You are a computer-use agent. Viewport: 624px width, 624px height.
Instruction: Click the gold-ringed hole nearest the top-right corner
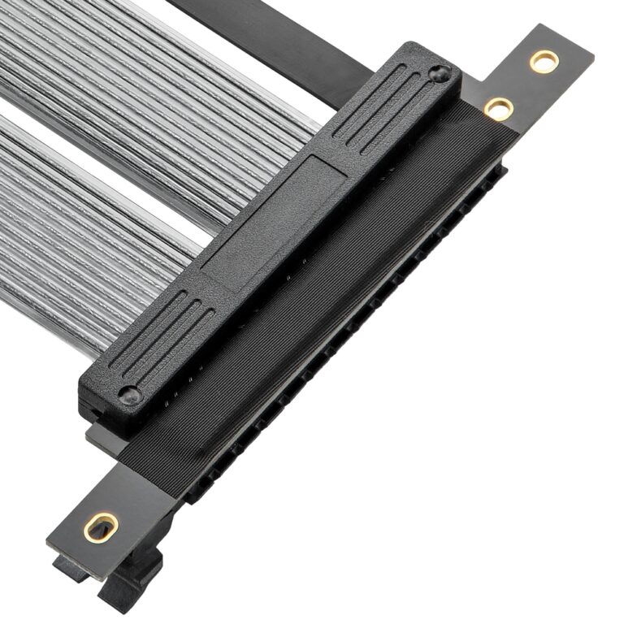coord(544,60)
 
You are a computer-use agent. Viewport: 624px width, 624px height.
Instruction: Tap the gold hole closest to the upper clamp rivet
coord(498,108)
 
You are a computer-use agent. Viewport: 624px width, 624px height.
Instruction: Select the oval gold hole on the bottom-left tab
coord(101,527)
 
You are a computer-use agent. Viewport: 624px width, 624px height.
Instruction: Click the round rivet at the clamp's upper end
coord(440,74)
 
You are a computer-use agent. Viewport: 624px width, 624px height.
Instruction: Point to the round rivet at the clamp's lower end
coord(130,395)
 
